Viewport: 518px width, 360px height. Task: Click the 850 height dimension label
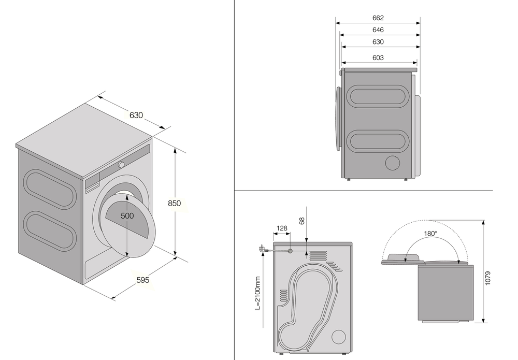[175, 204]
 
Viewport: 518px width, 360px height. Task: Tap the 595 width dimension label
[142, 280]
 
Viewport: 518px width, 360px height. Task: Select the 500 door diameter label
[127, 215]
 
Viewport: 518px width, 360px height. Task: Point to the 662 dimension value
[378, 18]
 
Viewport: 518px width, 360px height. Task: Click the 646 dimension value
[378, 30]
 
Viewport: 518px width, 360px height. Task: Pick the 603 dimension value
[378, 58]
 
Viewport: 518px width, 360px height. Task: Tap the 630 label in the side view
[378, 42]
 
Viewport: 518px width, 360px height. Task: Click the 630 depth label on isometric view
[136, 115]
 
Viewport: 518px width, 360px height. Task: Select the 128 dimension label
[282, 228]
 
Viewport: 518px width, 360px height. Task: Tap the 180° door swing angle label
[430, 234]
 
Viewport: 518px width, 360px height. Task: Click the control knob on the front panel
[121, 165]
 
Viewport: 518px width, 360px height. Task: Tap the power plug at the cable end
[263, 250]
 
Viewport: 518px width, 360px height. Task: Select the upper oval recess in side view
[377, 96]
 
